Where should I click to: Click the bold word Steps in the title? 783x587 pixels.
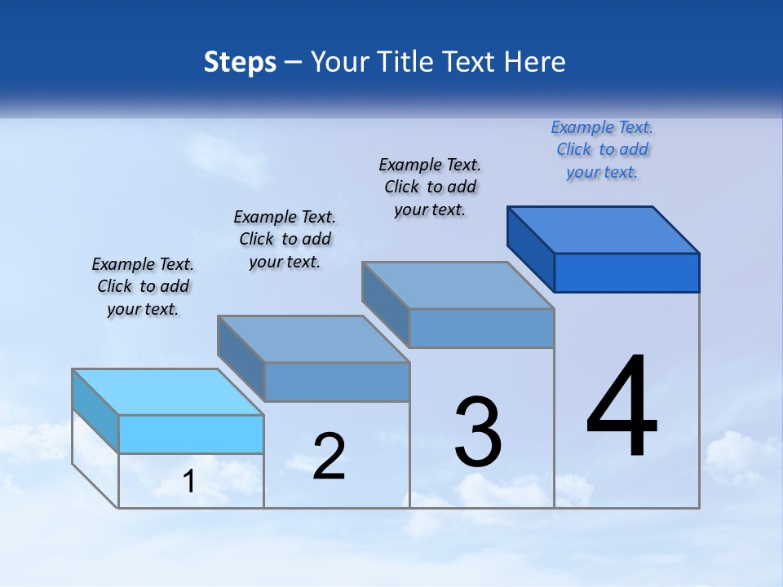240,63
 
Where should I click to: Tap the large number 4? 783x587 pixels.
622,408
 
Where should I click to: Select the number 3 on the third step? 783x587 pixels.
478,432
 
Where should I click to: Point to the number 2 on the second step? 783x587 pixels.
329,456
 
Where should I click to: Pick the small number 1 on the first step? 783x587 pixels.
189,482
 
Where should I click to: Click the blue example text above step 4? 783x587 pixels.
602,150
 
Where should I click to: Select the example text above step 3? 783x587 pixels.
430,187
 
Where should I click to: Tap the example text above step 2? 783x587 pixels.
285,239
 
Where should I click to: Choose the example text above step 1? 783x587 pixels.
143,286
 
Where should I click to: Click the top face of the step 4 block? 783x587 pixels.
604,229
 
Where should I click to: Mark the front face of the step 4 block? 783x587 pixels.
626,272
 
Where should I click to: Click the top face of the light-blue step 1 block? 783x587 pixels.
168,392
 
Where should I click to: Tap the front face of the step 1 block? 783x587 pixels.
191,434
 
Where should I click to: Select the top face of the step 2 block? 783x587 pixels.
313,338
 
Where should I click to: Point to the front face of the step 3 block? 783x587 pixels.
481,328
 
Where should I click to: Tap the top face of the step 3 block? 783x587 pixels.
458,285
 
